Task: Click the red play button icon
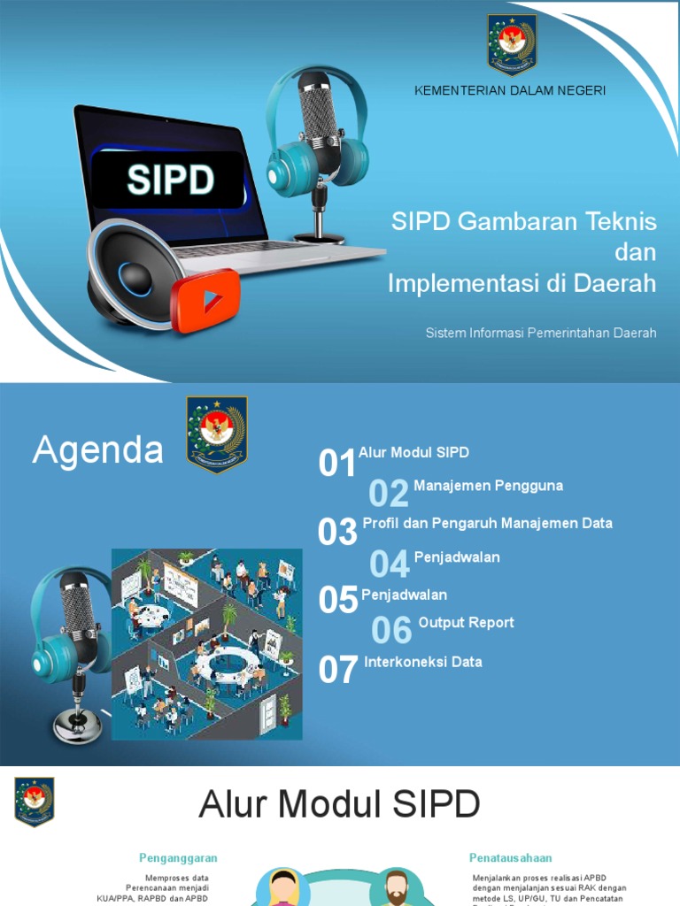tap(205, 301)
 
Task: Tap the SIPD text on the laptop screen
tap(170, 180)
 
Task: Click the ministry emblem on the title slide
tap(512, 44)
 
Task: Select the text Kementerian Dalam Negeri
tap(510, 91)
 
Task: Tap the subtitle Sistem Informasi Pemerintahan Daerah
tap(541, 333)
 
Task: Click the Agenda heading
tap(97, 451)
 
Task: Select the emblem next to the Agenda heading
tap(217, 434)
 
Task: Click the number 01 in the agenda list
tap(337, 463)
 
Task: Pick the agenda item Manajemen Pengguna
tap(488, 486)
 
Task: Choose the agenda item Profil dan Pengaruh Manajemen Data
tap(487, 523)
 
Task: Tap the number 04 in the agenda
tap(390, 564)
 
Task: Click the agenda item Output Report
tap(466, 623)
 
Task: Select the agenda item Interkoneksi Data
tap(423, 662)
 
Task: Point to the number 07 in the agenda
tap(338, 671)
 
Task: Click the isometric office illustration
tap(206, 644)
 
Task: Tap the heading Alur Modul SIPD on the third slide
tap(340, 804)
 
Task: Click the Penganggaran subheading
tap(178, 857)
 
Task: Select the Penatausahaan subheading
tap(511, 857)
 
